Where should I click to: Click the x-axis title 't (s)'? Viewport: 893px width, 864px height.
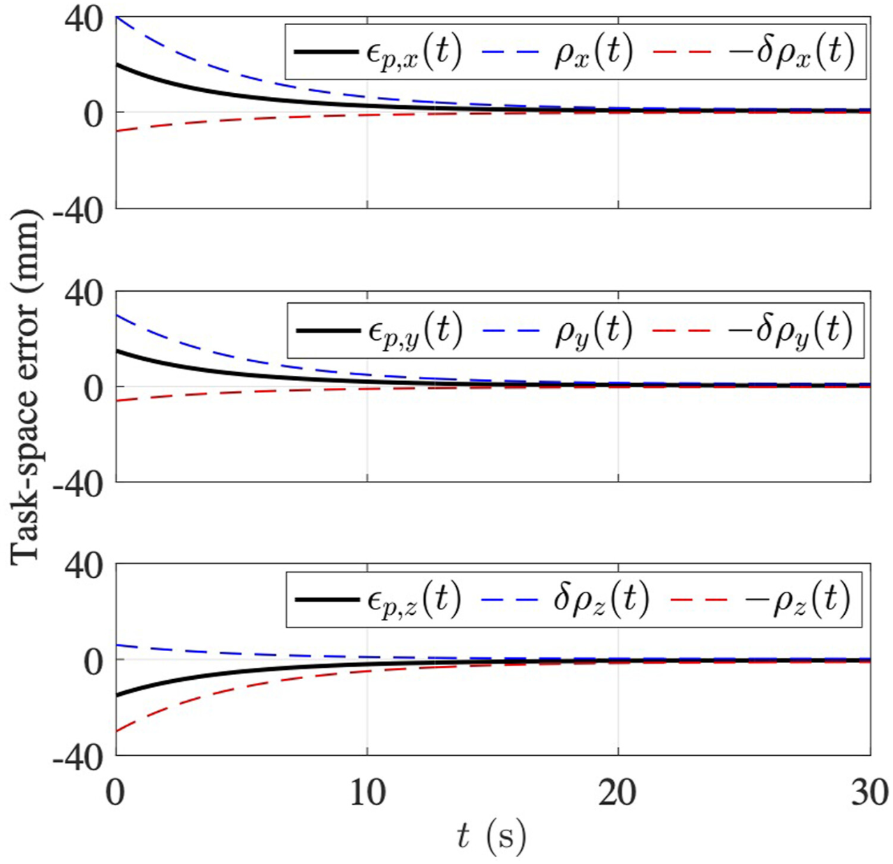click(x=491, y=835)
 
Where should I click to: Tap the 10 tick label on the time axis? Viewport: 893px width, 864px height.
click(x=367, y=794)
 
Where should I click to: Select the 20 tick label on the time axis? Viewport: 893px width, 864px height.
click(x=618, y=794)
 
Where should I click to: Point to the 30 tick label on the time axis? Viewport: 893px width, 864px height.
click(x=869, y=794)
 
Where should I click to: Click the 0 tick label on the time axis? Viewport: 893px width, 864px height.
click(x=116, y=794)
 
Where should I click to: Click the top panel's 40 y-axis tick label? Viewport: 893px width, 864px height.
click(x=84, y=19)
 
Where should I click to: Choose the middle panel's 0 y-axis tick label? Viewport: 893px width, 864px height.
click(x=93, y=388)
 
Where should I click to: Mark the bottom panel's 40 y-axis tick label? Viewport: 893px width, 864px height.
click(x=84, y=566)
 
